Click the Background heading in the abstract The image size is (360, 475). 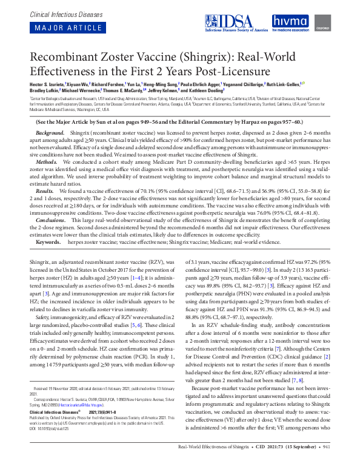(50, 132)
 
